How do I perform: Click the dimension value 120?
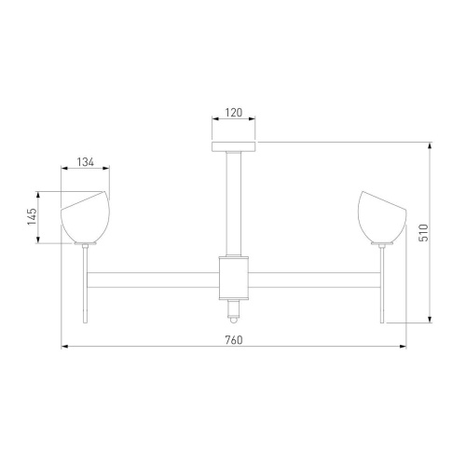(x=234, y=113)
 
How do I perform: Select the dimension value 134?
(x=86, y=162)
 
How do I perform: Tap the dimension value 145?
(x=32, y=216)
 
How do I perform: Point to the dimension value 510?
(x=423, y=233)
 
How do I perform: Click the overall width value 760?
(x=234, y=340)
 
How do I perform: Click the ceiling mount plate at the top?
(x=234, y=146)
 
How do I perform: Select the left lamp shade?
(x=86, y=216)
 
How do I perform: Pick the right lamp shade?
(x=382, y=216)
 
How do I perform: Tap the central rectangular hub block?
(x=234, y=278)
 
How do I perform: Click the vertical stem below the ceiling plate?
(x=234, y=203)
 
